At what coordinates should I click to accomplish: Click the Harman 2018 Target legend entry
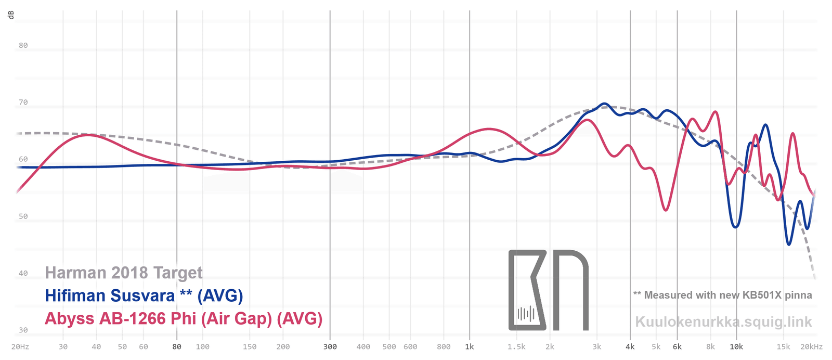pyautogui.click(x=124, y=273)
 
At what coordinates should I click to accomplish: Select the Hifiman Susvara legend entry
pyautogui.click(x=144, y=296)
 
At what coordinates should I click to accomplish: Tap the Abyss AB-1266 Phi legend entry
pyautogui.click(x=184, y=318)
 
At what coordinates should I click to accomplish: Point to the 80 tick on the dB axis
pyautogui.click(x=23, y=45)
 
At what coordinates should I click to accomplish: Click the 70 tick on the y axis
pyautogui.click(x=23, y=102)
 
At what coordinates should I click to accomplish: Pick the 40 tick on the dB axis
pyautogui.click(x=23, y=273)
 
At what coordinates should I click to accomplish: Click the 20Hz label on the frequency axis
pyautogui.click(x=20, y=347)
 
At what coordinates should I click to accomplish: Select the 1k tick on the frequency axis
pyautogui.click(x=470, y=347)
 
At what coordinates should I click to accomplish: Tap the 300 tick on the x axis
pyautogui.click(x=330, y=347)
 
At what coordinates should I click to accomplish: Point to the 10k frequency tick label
pyautogui.click(x=736, y=347)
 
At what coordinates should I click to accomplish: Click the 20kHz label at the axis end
pyautogui.click(x=812, y=347)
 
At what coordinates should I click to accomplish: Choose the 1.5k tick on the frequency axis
pyautogui.click(x=516, y=347)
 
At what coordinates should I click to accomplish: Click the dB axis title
pyautogui.click(x=11, y=15)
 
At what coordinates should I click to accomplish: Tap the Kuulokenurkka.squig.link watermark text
pyautogui.click(x=723, y=322)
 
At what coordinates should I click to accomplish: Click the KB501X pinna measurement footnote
pyautogui.click(x=722, y=295)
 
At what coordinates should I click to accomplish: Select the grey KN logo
pyautogui.click(x=548, y=290)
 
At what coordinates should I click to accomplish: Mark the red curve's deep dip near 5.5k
pyautogui.click(x=666, y=210)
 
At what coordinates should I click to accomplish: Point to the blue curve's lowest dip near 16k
pyautogui.click(x=789, y=245)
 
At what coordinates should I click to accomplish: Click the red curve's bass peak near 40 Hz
pyautogui.click(x=88, y=135)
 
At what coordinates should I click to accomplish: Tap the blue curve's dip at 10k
pyautogui.click(x=735, y=227)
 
